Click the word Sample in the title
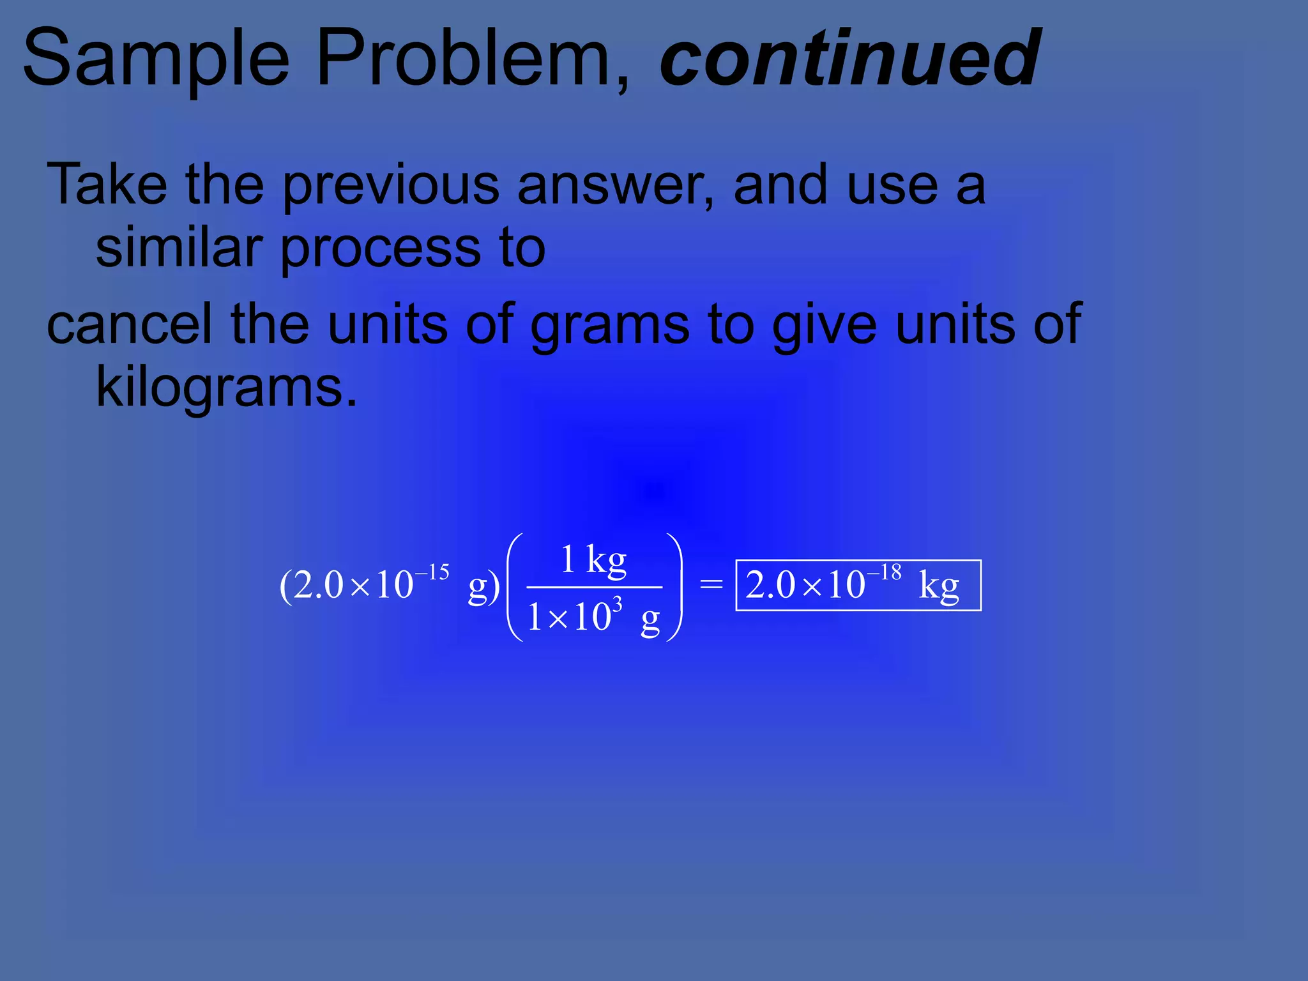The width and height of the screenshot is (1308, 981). (x=156, y=59)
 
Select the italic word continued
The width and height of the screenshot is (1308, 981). (x=849, y=59)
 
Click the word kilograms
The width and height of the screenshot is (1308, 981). (x=226, y=388)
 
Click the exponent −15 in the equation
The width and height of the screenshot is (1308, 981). (x=433, y=572)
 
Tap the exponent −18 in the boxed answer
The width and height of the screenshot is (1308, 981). (x=885, y=572)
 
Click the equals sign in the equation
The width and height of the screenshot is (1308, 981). (x=711, y=584)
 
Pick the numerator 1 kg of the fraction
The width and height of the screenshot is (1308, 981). (x=593, y=560)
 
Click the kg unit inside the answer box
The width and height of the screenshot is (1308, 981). (x=939, y=586)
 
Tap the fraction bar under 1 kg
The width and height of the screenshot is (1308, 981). (x=594, y=587)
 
